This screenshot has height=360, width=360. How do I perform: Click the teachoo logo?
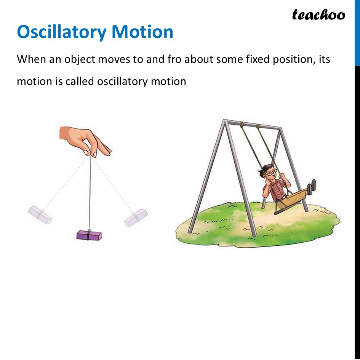coord(318,14)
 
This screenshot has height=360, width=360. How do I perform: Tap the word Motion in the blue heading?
coord(142,32)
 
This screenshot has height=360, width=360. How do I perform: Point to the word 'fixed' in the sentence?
coord(253,59)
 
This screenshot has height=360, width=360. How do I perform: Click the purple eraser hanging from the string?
coord(89,235)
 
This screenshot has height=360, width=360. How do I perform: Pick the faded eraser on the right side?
coord(136,218)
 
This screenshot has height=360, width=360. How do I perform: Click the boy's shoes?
coord(312,186)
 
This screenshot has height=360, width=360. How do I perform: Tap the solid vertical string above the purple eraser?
coord(90,190)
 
